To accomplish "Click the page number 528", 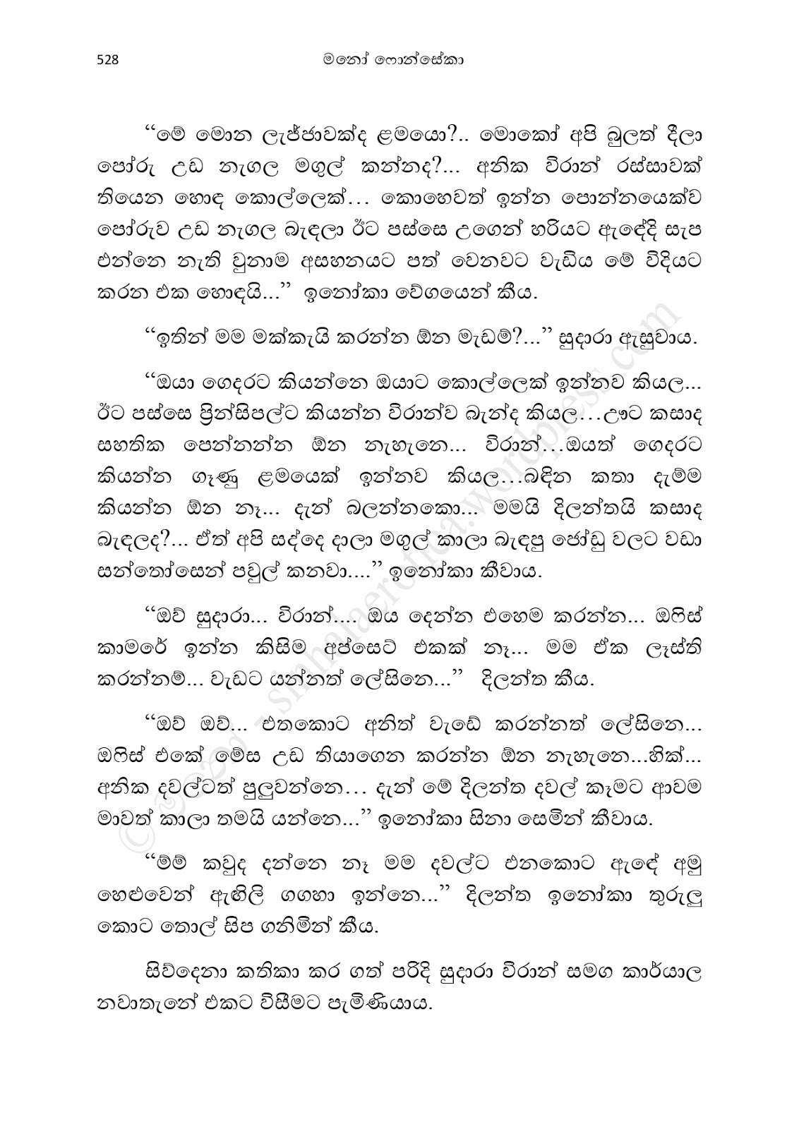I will click(107, 60).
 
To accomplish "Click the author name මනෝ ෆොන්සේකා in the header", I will click(399, 60).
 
